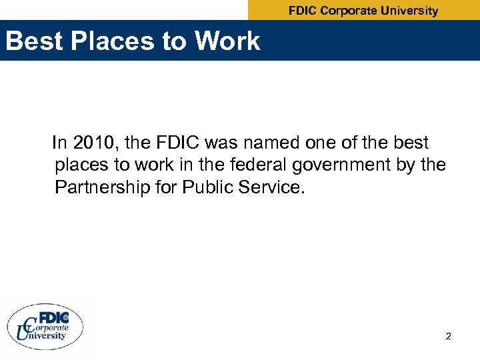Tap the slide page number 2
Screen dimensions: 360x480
449,337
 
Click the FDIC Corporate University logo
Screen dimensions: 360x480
46,326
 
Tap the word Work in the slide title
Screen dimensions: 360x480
227,41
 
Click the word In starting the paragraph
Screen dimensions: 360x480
59,143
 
